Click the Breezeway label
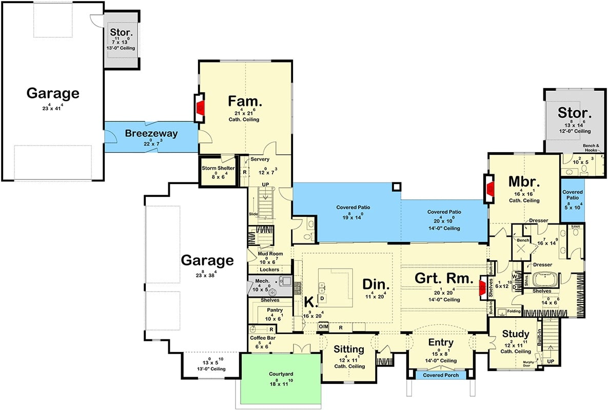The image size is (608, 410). coord(151,134)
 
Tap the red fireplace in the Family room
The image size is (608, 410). coord(202,108)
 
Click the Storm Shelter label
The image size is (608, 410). coord(218,169)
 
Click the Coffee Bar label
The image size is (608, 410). coord(261,338)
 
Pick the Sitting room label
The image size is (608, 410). coord(349,350)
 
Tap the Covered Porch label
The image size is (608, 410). coord(440,376)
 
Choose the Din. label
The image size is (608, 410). coord(377,284)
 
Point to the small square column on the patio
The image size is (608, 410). coord(396,186)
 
